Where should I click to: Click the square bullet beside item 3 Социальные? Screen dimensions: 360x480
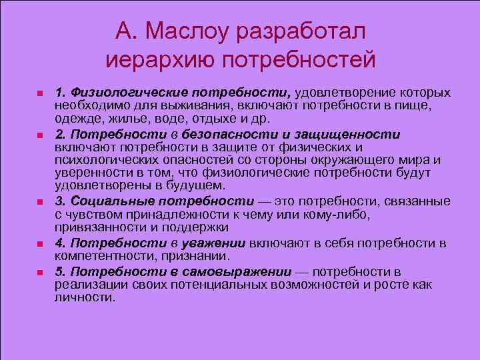40,201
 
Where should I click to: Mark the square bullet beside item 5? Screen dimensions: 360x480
40,273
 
